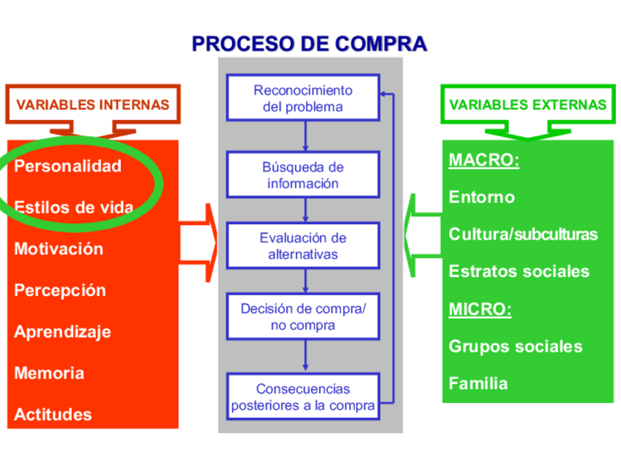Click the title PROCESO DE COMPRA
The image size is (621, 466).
click(309, 43)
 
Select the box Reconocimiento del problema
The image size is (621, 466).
click(302, 98)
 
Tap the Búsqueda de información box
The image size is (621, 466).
click(302, 175)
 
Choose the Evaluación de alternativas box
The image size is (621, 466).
click(302, 246)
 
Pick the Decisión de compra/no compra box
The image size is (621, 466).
click(302, 317)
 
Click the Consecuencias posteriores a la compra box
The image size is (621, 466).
click(302, 396)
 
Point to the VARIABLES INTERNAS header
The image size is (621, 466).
click(92, 105)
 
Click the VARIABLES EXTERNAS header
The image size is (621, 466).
click(527, 105)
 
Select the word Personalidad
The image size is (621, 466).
click(67, 166)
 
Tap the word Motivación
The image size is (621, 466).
click(59, 249)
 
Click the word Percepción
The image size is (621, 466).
click(60, 290)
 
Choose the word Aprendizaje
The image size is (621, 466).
click(62, 332)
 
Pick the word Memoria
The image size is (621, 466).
click(49, 373)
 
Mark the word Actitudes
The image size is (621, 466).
click(53, 415)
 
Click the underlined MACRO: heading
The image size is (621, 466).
click(483, 160)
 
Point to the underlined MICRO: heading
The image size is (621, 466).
click(480, 308)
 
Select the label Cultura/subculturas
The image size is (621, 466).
click(523, 234)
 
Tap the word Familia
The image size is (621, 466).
click(477, 383)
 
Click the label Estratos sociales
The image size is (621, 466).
click(518, 272)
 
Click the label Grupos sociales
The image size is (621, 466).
click(516, 346)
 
